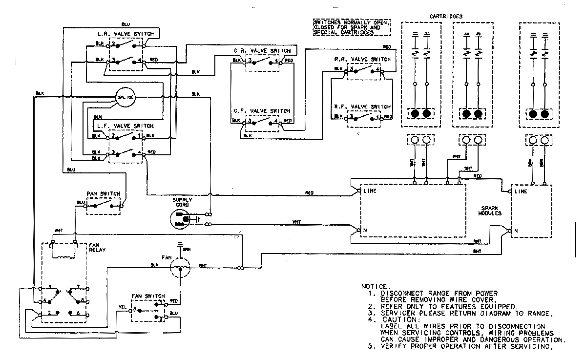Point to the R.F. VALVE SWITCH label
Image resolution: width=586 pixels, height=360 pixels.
(362, 106)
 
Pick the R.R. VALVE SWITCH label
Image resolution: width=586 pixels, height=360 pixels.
(362, 59)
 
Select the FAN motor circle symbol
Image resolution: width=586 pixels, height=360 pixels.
(179, 267)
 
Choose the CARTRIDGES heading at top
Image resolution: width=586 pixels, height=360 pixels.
(446, 16)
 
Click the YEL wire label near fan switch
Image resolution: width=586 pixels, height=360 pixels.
(122, 308)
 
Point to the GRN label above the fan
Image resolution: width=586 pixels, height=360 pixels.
(186, 250)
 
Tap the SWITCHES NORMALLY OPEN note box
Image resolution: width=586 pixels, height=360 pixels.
(352, 27)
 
